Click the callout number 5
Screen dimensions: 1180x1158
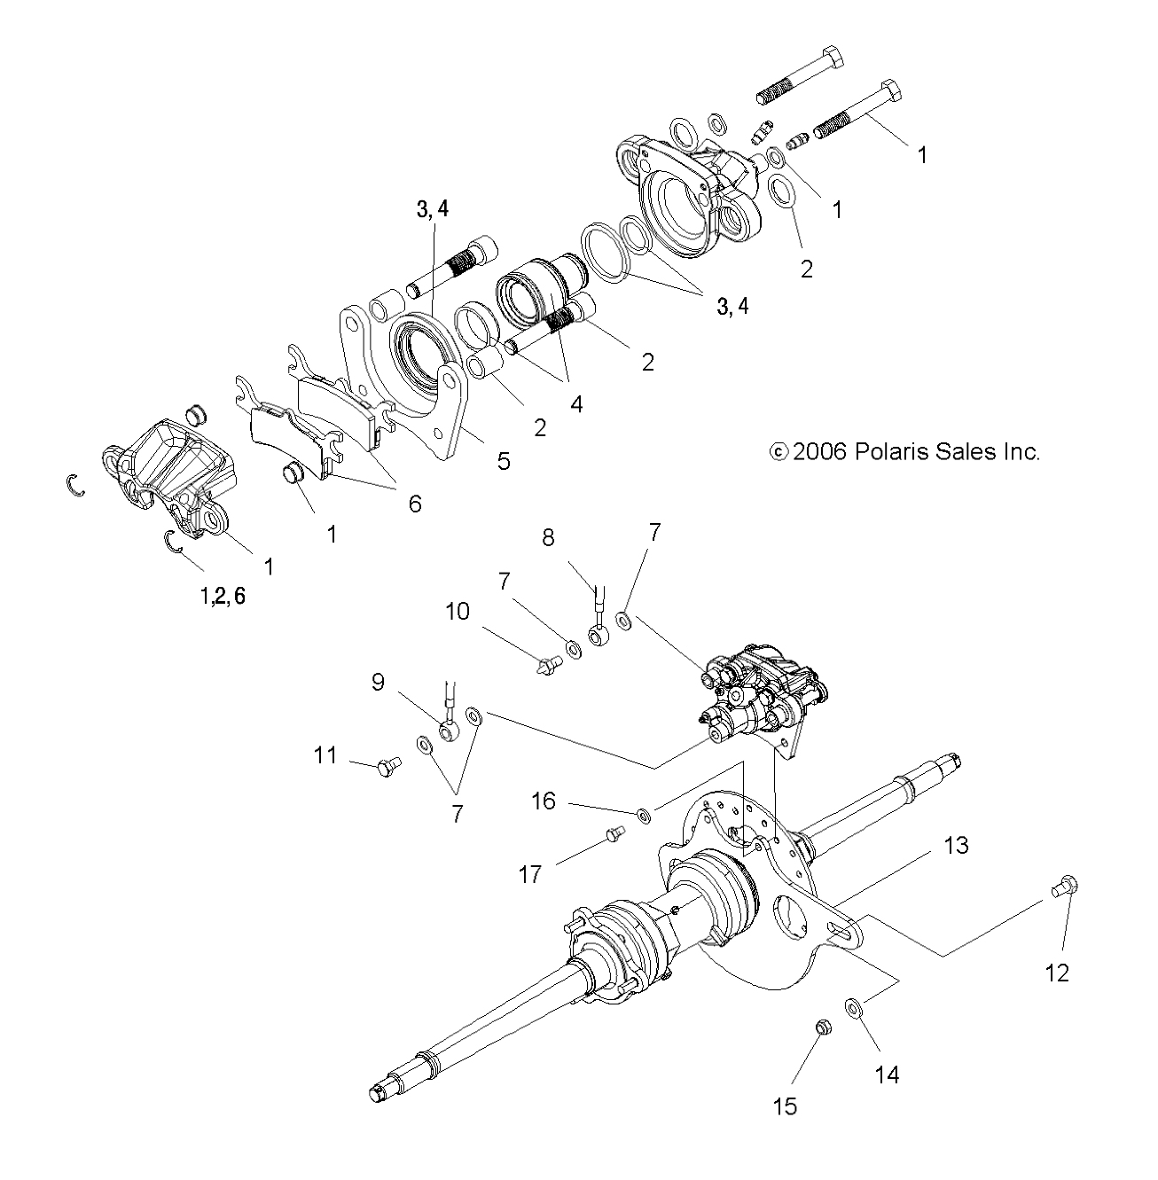(x=504, y=461)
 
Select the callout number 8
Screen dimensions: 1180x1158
(x=549, y=538)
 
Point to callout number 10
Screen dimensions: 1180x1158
(x=458, y=612)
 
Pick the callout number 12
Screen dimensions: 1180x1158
(x=1057, y=973)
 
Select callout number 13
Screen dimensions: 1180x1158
(x=956, y=845)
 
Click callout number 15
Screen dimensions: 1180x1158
(x=786, y=1106)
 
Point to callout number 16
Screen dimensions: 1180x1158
(x=544, y=801)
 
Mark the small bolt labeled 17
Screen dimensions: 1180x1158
(x=615, y=833)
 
